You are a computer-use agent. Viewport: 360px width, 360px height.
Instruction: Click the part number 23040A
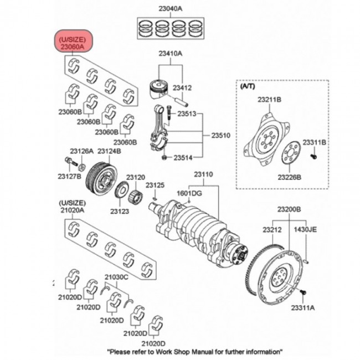coord(171,9)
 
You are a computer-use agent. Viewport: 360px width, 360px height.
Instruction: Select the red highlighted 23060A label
coord(73,42)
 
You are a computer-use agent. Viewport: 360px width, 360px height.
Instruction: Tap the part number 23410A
coord(171,54)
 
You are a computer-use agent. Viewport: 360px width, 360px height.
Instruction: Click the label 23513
coord(187,114)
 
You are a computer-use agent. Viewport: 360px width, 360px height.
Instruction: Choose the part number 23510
coord(220,135)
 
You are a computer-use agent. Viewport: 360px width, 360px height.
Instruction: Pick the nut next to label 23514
coord(164,157)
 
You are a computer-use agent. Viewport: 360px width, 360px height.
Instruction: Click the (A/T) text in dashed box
coord(248,86)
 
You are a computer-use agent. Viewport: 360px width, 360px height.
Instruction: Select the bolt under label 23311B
coord(313,156)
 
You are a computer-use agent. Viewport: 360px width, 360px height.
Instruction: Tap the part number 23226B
coord(289,177)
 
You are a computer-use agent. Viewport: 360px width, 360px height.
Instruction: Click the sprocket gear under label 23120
coord(135,197)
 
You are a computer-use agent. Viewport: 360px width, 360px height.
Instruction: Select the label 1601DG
coord(189,193)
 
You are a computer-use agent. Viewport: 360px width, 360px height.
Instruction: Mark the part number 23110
coord(203,174)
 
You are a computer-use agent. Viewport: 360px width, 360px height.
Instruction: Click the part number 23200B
coord(289,209)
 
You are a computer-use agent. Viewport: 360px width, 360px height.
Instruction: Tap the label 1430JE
coord(305,229)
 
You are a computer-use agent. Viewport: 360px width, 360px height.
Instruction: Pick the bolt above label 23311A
coord(303,292)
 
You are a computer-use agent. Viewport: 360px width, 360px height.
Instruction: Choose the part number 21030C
coord(116,277)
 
